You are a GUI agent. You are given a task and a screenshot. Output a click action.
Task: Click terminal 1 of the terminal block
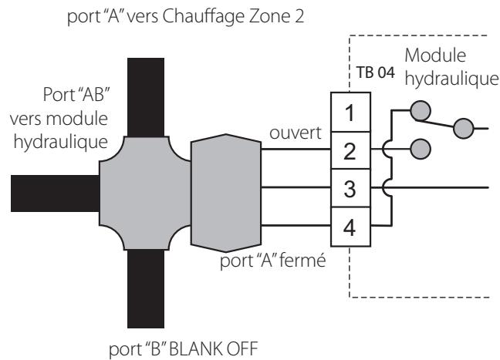pyautogui.click(x=350, y=112)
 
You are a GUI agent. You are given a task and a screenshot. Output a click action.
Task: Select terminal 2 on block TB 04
pyautogui.click(x=350, y=150)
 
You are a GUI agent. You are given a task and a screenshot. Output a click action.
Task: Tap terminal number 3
pyautogui.click(x=350, y=188)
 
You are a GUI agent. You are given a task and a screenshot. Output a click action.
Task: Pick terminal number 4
pyautogui.click(x=350, y=227)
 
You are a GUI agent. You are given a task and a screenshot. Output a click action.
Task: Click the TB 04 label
pyautogui.click(x=375, y=72)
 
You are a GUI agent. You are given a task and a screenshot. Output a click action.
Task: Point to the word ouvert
pyautogui.click(x=296, y=133)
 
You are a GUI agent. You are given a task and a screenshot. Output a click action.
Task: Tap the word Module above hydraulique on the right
pyautogui.click(x=435, y=56)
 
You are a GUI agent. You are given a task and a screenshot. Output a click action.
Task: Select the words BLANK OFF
pyautogui.click(x=213, y=349)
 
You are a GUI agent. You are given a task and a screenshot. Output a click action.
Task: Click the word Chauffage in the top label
pyautogui.click(x=204, y=17)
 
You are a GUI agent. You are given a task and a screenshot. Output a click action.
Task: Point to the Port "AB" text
pyautogui.click(x=76, y=94)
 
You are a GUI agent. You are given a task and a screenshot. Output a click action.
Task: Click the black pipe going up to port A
pyautogui.click(x=146, y=97)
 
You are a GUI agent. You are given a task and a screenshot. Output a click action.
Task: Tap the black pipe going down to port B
pyautogui.click(x=146, y=288)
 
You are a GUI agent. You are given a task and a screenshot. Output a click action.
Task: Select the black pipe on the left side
pyautogui.click(x=55, y=193)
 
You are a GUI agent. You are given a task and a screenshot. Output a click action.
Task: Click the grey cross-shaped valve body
pyautogui.click(x=145, y=193)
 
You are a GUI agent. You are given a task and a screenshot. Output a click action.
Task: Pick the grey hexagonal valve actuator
pyautogui.click(x=226, y=193)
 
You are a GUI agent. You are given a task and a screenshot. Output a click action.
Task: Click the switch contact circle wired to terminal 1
pyautogui.click(x=421, y=111)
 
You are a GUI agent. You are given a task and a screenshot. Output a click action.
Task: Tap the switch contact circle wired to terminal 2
pyautogui.click(x=421, y=149)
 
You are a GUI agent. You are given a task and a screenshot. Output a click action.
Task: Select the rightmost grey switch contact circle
pyautogui.click(x=463, y=129)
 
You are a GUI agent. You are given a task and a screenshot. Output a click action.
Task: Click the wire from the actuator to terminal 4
pyautogui.click(x=296, y=226)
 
